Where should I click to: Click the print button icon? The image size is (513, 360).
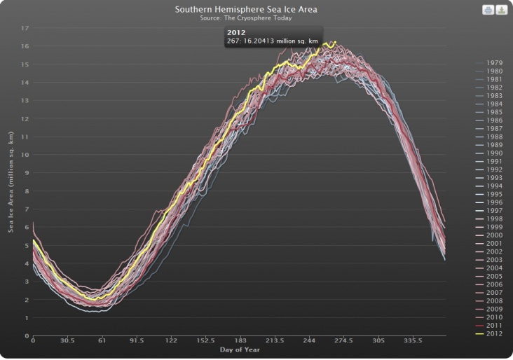tap(488, 10)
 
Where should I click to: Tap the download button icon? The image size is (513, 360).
tap(501, 10)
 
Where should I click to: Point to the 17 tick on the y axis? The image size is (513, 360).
tap(25, 29)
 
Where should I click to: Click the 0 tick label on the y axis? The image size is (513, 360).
tap(26, 335)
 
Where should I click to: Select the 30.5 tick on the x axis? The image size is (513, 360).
tap(67, 341)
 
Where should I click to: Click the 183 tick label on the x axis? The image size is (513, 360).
tap(240, 341)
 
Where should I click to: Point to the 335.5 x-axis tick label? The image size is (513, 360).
tap(413, 341)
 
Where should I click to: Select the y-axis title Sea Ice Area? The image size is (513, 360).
tap(11, 181)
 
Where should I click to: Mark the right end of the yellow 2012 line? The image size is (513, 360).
tap(336, 42)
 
